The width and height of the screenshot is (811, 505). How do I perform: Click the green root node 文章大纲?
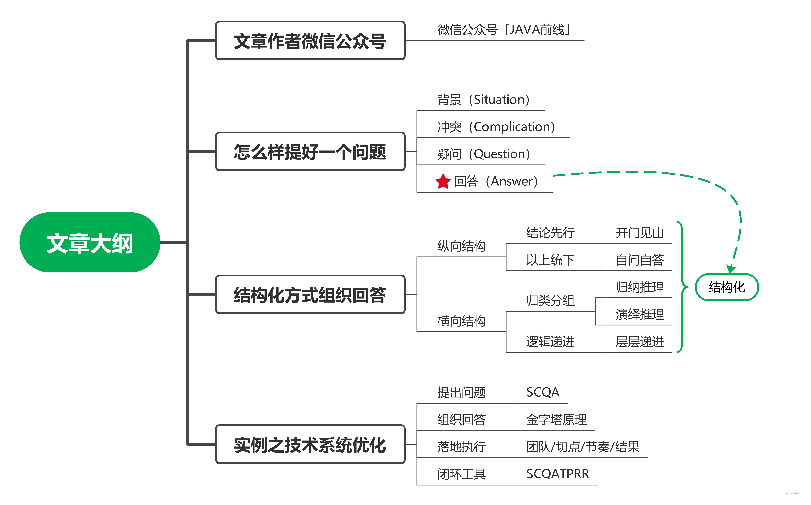pos(90,242)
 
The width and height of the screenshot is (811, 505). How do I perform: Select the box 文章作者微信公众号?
pos(310,41)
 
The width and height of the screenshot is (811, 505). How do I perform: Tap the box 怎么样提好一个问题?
pos(310,152)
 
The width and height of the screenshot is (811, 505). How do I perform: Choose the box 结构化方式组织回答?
pos(310,295)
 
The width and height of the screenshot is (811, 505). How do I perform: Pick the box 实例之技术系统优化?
pos(310,445)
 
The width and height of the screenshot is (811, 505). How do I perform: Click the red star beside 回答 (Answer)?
pos(443,181)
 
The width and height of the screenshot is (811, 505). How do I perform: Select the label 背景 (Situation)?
pos(483,100)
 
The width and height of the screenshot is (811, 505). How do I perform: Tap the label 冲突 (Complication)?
pos(496,127)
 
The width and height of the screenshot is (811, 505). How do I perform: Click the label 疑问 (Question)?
pos(483,154)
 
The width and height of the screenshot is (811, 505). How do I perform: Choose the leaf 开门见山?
pos(639,233)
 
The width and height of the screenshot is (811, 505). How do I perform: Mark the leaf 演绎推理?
pos(639,314)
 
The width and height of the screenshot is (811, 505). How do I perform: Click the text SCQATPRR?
pos(558,474)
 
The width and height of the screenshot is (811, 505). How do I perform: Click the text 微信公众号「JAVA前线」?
pos(504,30)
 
